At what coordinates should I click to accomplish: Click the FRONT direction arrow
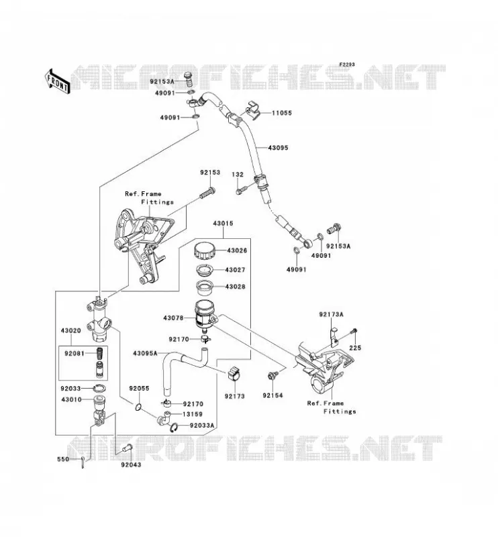57,81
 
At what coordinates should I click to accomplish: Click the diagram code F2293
347,64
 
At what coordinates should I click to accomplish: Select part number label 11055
281,113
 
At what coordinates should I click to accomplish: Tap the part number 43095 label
278,148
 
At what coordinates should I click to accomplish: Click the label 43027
235,270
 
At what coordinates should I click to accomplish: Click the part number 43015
223,224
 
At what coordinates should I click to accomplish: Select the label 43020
71,331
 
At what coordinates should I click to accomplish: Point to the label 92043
130,465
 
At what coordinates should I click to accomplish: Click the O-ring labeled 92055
138,407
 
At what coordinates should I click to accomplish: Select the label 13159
192,414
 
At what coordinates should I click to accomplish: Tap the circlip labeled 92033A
174,428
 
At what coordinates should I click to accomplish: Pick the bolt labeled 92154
272,376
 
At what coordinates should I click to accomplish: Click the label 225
355,348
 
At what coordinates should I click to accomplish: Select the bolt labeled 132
242,190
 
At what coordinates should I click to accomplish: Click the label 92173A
331,314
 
